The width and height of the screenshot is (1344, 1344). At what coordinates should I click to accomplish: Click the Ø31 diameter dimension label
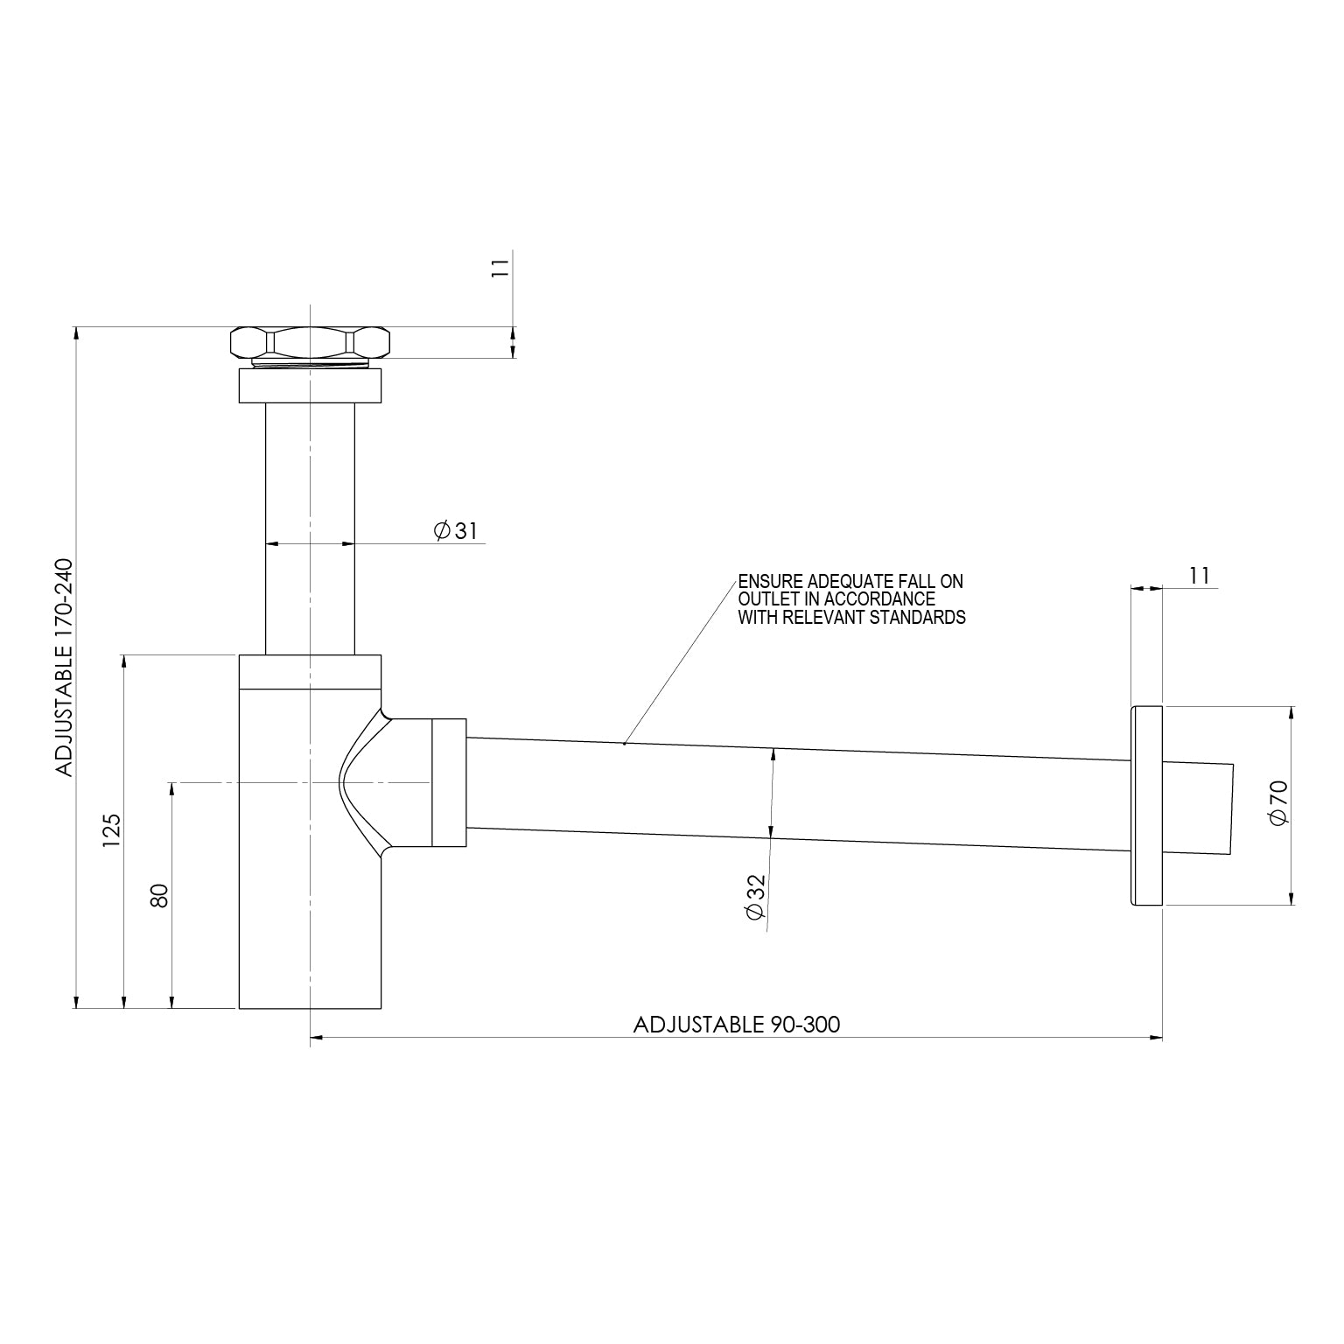[x=455, y=530]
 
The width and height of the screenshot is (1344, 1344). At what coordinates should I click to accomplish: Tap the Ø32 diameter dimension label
[x=754, y=897]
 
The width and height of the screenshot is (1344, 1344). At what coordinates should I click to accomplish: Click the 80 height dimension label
[x=159, y=895]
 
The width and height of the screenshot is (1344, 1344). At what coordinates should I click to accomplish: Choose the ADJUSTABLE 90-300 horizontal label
[x=736, y=1024]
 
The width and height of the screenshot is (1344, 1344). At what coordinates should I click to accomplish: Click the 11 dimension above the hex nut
[x=500, y=267]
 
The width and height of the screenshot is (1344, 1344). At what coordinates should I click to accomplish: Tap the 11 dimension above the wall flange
[x=1199, y=576]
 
